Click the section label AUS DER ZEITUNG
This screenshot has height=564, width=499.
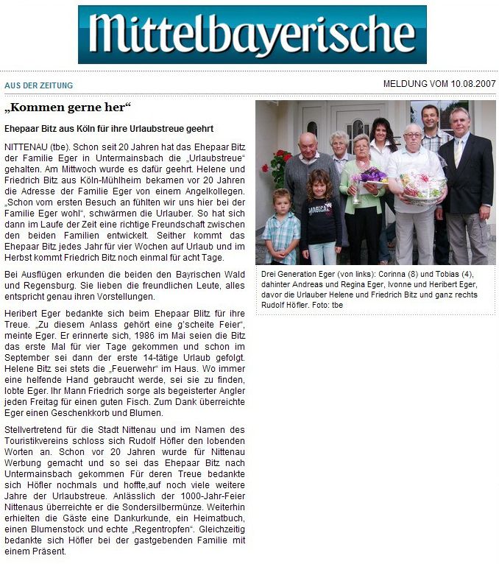[38, 85]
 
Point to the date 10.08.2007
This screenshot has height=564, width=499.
[470, 84]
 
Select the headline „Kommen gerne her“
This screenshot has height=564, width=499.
[68, 108]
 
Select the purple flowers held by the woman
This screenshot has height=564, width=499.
[374, 175]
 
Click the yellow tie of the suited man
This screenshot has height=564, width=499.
[459, 152]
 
